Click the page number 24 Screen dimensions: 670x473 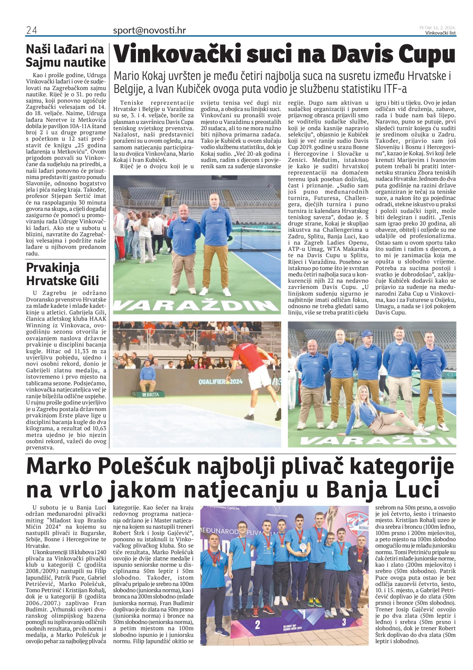coord(31,31)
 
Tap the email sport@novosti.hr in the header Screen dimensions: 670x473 coord(149,30)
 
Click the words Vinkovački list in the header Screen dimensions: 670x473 coord(440,33)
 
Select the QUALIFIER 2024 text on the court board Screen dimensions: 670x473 coord(220,381)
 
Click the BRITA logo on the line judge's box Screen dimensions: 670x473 coord(151,394)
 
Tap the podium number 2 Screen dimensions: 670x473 coord(257,624)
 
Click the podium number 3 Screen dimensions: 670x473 coord(344,621)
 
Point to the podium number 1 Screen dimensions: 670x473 coord(303,613)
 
